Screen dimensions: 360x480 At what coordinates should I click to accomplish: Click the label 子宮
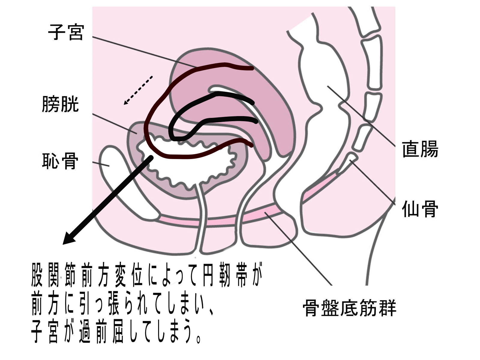point(66,32)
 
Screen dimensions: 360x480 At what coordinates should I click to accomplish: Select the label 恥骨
point(60,161)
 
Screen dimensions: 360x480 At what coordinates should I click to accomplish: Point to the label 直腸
point(420,149)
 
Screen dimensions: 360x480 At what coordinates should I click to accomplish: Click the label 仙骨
point(420,209)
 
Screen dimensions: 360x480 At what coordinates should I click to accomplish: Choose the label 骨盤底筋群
point(349,307)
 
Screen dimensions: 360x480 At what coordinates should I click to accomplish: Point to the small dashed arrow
point(138,90)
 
